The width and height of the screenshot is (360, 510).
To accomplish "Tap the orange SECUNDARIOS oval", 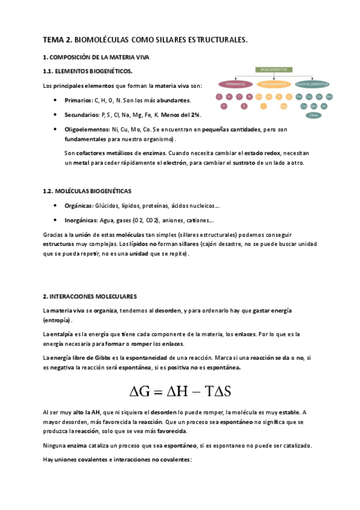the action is click(274, 84).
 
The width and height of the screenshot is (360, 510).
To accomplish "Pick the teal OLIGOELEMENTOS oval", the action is click(312, 84).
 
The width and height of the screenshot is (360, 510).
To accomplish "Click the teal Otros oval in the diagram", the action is click(312, 115).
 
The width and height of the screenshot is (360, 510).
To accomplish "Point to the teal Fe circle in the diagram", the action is click(299, 96).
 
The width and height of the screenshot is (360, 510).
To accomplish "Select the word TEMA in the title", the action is click(53, 40).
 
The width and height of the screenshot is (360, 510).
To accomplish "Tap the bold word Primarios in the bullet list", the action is click(78, 100).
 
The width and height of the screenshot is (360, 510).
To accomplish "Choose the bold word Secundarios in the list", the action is click(82, 114).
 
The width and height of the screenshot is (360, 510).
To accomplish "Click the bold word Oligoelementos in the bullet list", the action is click(86, 129).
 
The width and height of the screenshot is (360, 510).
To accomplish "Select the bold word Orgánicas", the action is click(79, 205).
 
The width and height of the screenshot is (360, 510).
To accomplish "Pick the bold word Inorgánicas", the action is click(82, 220).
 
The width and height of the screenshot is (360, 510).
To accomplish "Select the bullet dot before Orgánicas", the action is click(55, 205).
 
